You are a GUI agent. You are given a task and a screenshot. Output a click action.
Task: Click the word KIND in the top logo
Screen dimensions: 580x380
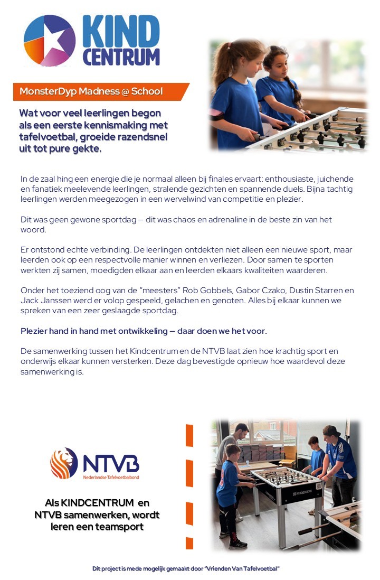(x=121, y=32)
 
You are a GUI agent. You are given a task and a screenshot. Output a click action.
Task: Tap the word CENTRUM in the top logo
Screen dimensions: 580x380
(x=121, y=57)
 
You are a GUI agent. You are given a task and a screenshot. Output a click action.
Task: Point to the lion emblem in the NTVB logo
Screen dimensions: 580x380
(x=64, y=463)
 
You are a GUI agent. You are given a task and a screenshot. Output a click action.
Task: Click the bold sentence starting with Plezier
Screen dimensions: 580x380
(x=144, y=331)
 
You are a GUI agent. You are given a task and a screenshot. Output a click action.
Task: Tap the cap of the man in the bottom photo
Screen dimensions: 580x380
(x=331, y=431)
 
